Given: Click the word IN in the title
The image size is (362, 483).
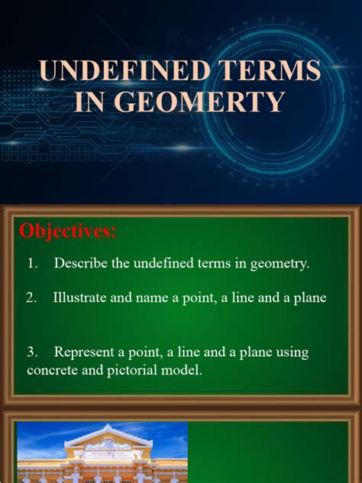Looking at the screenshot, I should point(92,102).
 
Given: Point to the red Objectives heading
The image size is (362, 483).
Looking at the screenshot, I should point(68,231).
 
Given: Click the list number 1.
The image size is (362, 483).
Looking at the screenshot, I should point(32,264).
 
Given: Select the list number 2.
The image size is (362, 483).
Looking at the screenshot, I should point(31,298).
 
